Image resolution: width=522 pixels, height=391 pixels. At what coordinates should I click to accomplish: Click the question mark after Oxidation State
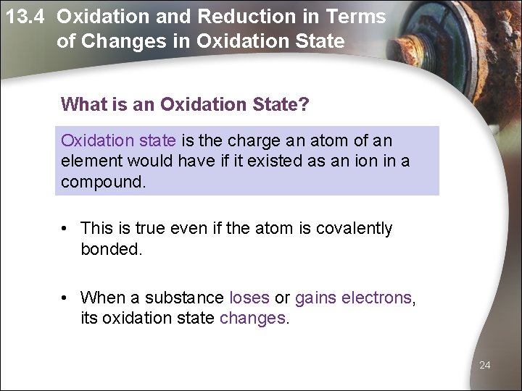(x=304, y=105)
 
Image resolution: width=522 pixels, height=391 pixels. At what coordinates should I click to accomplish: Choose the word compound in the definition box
(x=101, y=181)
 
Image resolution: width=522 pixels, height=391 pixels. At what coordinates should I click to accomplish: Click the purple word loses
(x=249, y=298)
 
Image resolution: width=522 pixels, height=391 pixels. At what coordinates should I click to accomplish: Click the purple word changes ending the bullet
(x=253, y=319)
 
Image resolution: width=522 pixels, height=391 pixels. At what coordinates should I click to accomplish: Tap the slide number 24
(x=484, y=365)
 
